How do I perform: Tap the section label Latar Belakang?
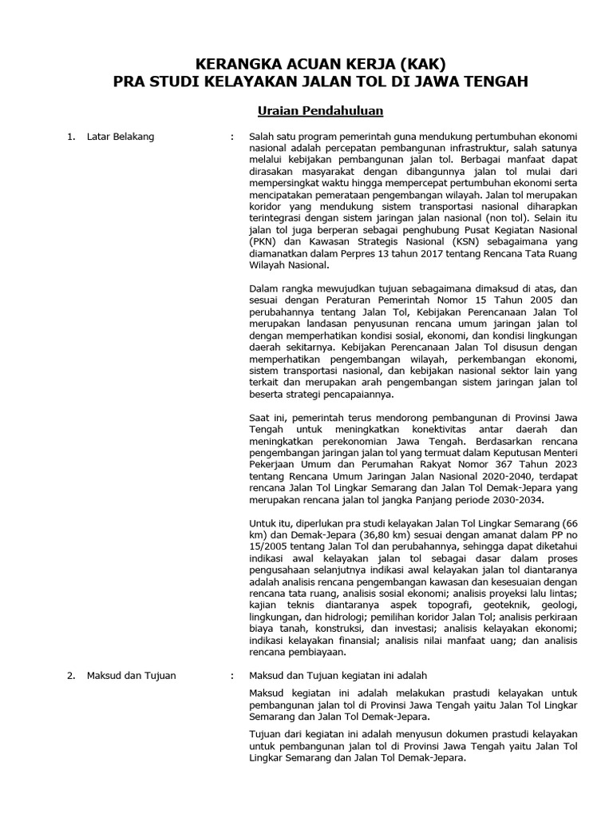coord(121,137)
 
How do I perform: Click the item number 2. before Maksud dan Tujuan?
coord(71,676)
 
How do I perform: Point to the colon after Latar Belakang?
coord(231,137)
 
